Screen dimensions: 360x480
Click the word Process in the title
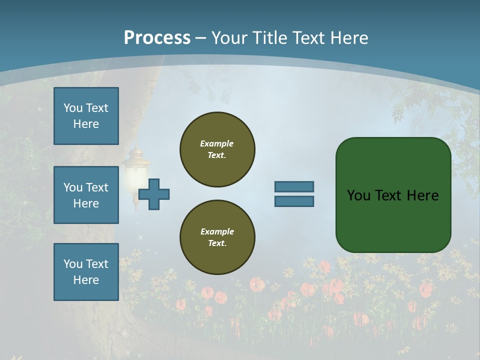click(157, 38)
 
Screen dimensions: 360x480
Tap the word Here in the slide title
click(349, 38)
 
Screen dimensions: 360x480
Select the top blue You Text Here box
click(86, 116)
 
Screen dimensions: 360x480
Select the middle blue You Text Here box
click(86, 195)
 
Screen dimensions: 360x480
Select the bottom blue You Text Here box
click(86, 271)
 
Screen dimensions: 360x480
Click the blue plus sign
click(154, 194)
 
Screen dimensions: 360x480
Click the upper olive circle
click(217, 149)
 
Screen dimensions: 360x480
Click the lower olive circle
click(217, 237)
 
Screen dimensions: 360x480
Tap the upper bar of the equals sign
click(294, 186)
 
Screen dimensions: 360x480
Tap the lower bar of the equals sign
click(294, 201)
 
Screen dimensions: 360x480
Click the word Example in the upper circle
click(216, 143)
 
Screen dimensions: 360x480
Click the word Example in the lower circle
click(217, 231)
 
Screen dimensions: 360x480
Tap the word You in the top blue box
click(73, 108)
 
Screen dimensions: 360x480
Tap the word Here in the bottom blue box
click(86, 280)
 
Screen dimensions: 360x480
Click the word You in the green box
click(358, 195)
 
